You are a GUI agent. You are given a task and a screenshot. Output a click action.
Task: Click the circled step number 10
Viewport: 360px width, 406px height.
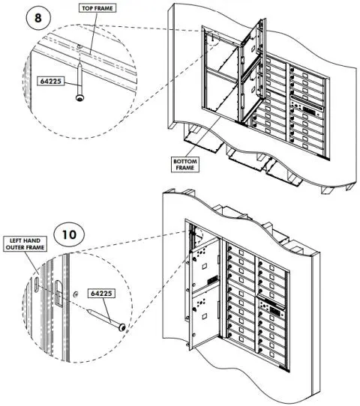click(x=69, y=234)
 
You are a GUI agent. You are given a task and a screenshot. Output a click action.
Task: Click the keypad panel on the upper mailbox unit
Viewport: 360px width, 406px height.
click(x=306, y=112)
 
